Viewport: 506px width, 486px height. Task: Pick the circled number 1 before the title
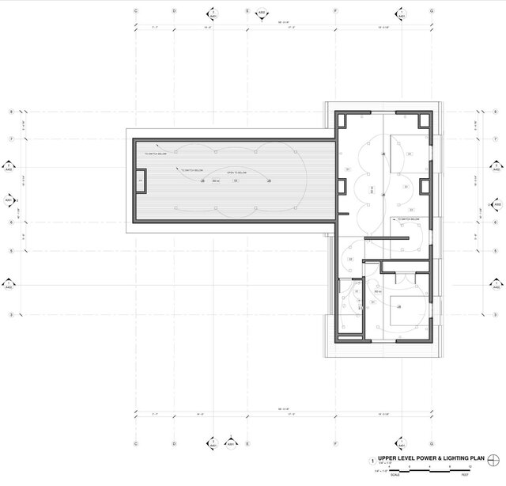372,459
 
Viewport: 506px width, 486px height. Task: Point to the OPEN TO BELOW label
237,172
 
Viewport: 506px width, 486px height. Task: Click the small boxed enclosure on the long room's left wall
140,181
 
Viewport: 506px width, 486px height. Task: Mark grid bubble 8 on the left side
10,112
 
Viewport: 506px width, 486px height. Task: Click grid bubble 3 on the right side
497,315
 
